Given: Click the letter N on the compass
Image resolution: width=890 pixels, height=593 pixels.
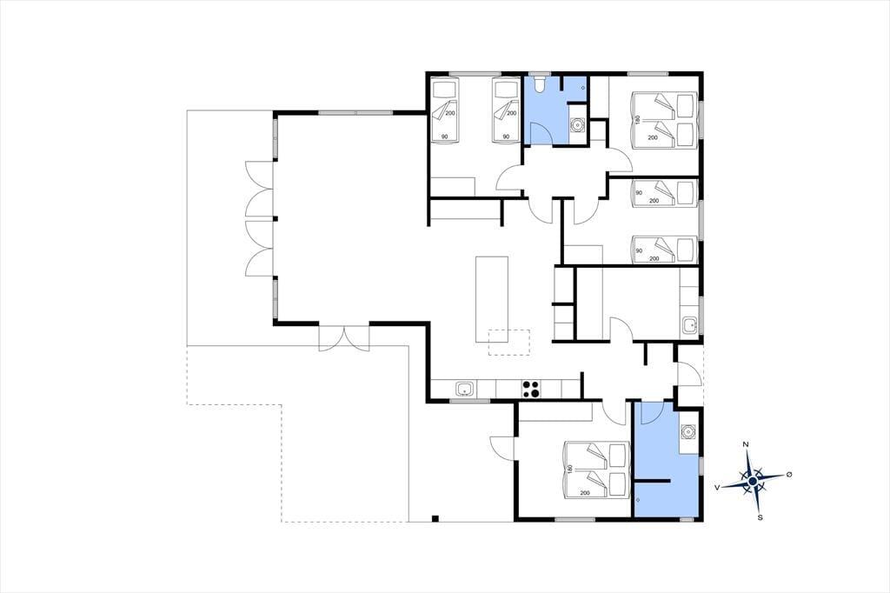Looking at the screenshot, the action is coord(747,444).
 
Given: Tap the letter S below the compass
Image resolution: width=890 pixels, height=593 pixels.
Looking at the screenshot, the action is coord(760,517).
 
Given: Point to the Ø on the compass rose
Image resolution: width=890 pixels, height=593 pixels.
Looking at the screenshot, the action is coord(789,474).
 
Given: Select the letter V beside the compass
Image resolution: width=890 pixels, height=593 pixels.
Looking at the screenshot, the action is coord(717,487).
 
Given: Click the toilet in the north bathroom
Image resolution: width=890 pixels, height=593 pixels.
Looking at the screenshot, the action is coord(539,83).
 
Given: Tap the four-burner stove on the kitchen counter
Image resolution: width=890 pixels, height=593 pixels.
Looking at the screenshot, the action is coord(531,389).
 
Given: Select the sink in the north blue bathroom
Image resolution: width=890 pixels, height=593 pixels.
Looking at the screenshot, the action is coord(577,124).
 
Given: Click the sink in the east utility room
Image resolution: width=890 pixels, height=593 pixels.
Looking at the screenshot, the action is coord(689,325).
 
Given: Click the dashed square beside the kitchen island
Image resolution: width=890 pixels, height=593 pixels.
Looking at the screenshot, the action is coord(509,343).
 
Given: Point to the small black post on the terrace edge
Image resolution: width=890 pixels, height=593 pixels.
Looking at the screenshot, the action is coord(435,518).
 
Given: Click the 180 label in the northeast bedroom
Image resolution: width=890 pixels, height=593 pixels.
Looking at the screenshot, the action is coord(638,120).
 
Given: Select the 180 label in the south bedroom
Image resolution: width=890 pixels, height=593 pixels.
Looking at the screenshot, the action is coord(569,470).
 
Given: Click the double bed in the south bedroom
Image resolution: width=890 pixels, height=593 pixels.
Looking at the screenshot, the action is coord(596,470).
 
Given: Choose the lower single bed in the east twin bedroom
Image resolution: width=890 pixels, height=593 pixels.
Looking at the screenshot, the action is coord(663,250).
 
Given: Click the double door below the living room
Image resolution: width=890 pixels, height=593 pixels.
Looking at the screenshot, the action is coord(344,338).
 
